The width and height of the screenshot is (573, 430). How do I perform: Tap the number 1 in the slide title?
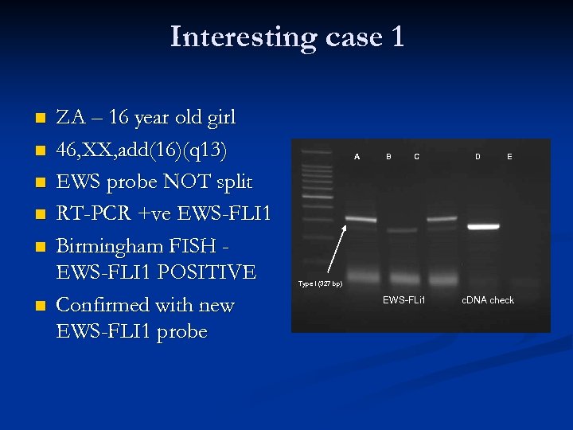[x=396, y=37]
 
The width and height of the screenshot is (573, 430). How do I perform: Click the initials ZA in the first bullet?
[x=71, y=118]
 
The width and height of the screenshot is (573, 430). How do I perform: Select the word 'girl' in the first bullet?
[x=219, y=118]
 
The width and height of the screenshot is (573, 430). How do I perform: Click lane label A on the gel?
[x=357, y=157]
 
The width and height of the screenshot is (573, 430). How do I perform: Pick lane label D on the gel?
[x=477, y=157]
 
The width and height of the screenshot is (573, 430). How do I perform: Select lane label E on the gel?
[x=509, y=157]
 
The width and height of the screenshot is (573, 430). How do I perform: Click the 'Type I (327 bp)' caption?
[x=320, y=284]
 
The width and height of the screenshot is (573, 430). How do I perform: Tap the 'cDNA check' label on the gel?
[x=488, y=300]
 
